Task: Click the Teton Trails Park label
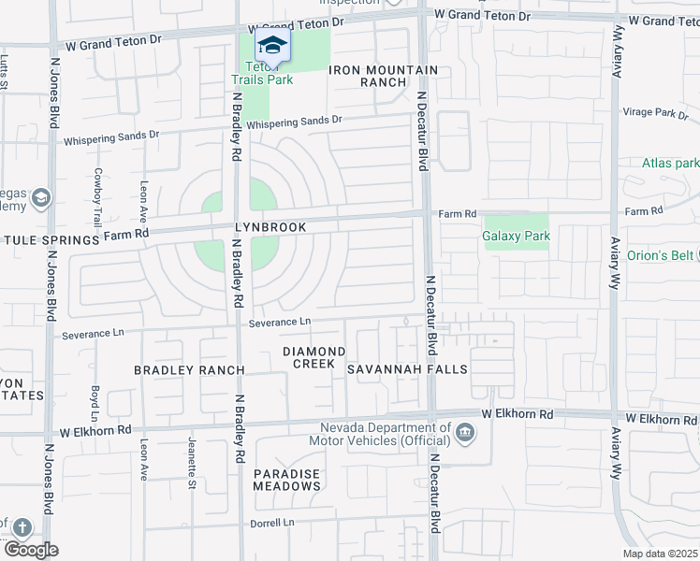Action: click(x=269, y=73)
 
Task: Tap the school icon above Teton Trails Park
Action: click(x=272, y=46)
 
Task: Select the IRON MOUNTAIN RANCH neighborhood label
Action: click(x=384, y=76)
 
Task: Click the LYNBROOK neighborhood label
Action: click(x=271, y=227)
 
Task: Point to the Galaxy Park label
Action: click(x=516, y=236)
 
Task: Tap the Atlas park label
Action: click(x=670, y=163)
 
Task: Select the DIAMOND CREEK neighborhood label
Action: click(x=314, y=357)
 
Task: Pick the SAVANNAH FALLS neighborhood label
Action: click(x=407, y=369)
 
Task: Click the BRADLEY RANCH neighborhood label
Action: click(x=189, y=370)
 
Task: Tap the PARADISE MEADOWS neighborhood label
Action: click(x=287, y=480)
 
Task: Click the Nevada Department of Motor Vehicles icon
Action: click(x=465, y=433)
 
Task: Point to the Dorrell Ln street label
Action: click(x=272, y=523)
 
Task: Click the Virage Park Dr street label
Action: click(x=655, y=112)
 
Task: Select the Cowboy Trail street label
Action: click(x=97, y=196)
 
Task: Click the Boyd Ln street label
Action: click(x=95, y=401)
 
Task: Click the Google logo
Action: click(x=30, y=550)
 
